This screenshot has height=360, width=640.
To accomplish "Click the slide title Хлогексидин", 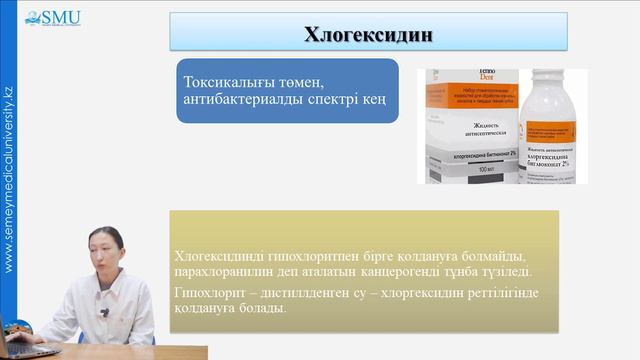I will pos(369,34).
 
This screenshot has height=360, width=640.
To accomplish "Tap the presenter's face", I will pos(103,258).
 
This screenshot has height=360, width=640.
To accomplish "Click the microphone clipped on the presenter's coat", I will pos(105,313).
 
